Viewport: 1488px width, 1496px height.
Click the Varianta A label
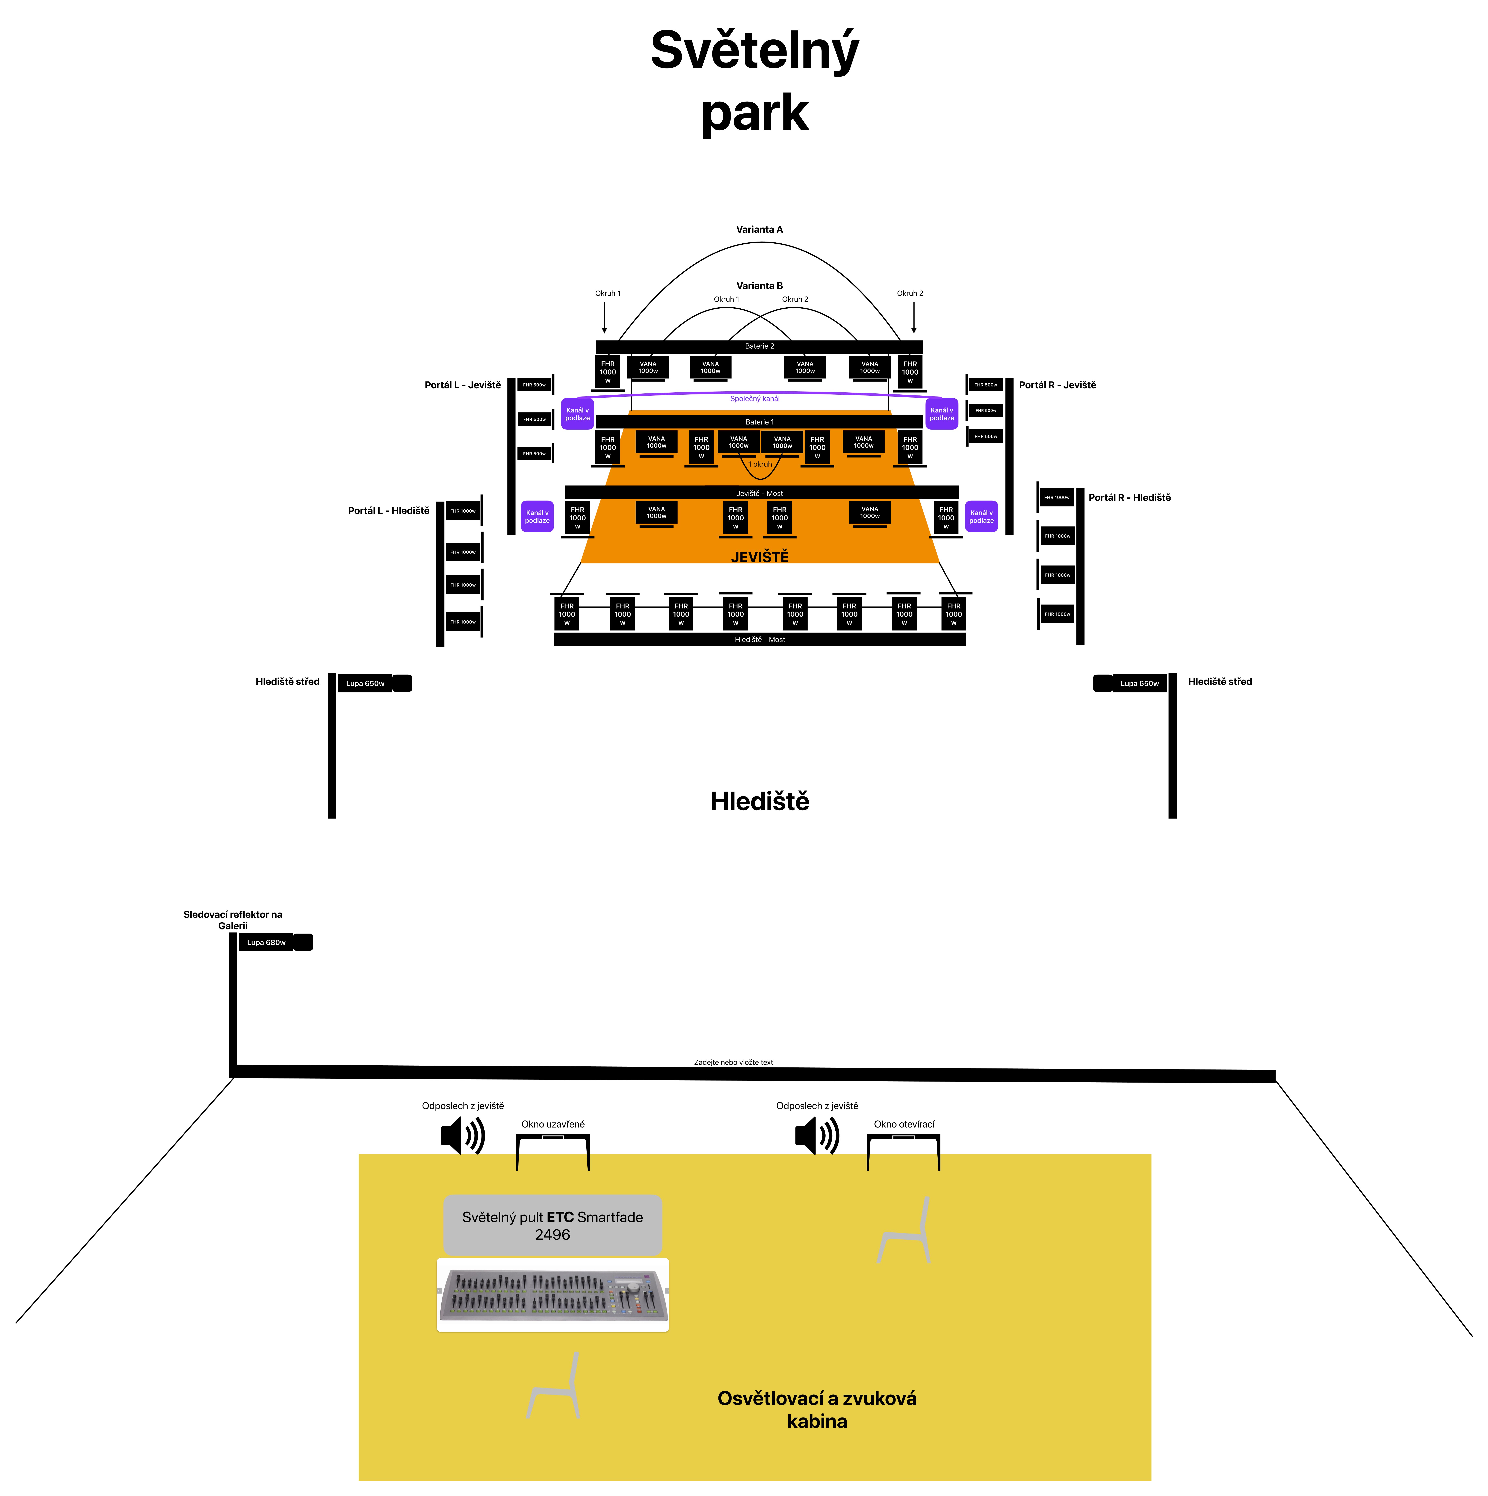pos(759,229)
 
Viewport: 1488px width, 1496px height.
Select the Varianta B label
pos(759,286)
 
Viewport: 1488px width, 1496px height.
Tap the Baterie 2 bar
pos(759,346)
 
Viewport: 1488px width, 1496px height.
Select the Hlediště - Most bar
pos(759,640)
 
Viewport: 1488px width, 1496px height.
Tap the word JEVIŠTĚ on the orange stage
pos(759,557)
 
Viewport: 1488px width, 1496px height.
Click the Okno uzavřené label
pos(552,1124)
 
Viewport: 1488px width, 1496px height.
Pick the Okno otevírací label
pos(904,1124)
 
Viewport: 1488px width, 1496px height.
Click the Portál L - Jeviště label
pos(462,385)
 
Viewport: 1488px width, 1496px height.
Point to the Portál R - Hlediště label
pos(1129,498)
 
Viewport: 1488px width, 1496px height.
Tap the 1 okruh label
pos(760,465)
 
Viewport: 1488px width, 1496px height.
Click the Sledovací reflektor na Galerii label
pos(232,920)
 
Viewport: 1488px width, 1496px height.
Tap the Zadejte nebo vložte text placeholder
pos(733,1062)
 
